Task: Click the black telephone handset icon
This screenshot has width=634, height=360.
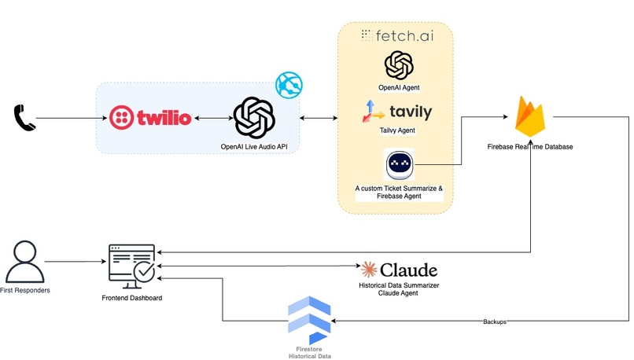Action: (24, 118)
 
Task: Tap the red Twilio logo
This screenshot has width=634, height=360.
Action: (150, 119)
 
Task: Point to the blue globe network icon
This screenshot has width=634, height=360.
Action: (289, 85)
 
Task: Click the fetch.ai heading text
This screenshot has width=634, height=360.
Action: (396, 35)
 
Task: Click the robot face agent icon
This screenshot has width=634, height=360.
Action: (399, 165)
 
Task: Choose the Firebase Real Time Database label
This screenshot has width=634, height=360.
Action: (531, 147)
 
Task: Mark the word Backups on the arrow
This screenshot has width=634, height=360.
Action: (495, 322)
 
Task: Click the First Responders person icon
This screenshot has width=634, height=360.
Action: (23, 262)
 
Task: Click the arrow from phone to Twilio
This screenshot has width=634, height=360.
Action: (71, 119)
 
